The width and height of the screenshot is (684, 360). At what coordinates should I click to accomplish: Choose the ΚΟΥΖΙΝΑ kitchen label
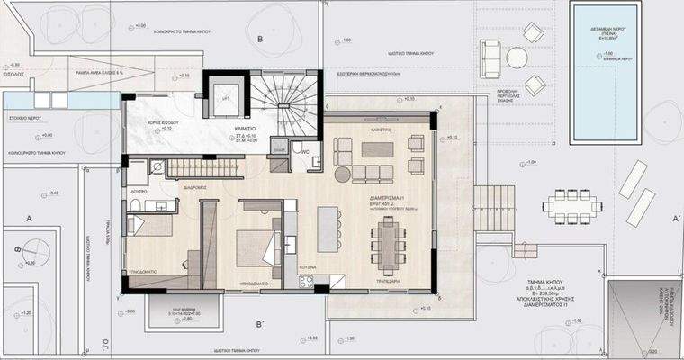pos(308,269)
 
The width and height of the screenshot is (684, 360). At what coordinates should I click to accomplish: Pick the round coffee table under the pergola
pos(517,58)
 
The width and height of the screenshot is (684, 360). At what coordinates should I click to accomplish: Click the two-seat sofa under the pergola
pos(490,57)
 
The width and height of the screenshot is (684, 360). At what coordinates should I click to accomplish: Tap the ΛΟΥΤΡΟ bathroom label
pos(138,192)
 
